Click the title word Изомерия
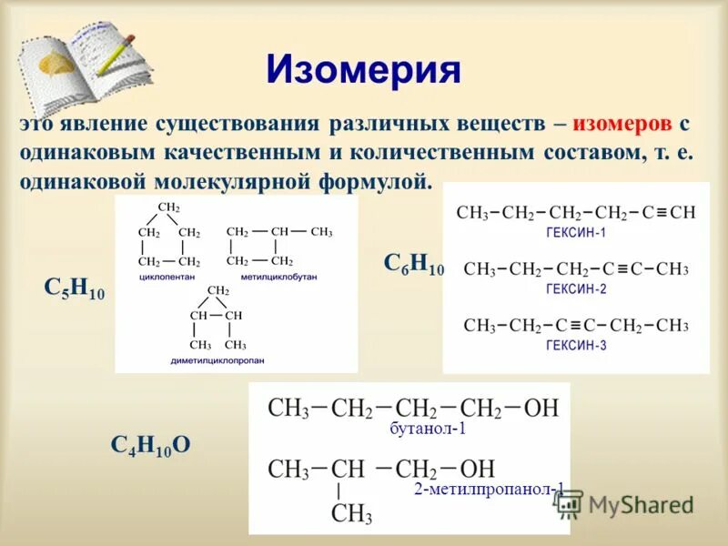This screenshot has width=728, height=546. pyautogui.click(x=363, y=69)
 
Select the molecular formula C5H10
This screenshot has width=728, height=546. pyautogui.click(x=75, y=288)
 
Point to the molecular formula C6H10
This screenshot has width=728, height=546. pyautogui.click(x=413, y=265)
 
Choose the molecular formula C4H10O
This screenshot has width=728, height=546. pyautogui.click(x=150, y=444)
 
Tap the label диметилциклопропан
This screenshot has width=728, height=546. pyautogui.click(x=217, y=360)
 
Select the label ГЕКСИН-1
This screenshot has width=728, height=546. pyautogui.click(x=575, y=233)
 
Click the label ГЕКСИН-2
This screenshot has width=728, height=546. pyautogui.click(x=575, y=289)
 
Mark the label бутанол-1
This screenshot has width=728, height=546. pyautogui.click(x=428, y=429)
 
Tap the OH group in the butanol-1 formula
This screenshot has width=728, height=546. pyautogui.click(x=541, y=408)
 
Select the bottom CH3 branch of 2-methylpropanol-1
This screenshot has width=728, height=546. pyautogui.click(x=351, y=515)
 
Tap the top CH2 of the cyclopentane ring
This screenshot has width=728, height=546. pyautogui.click(x=168, y=207)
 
